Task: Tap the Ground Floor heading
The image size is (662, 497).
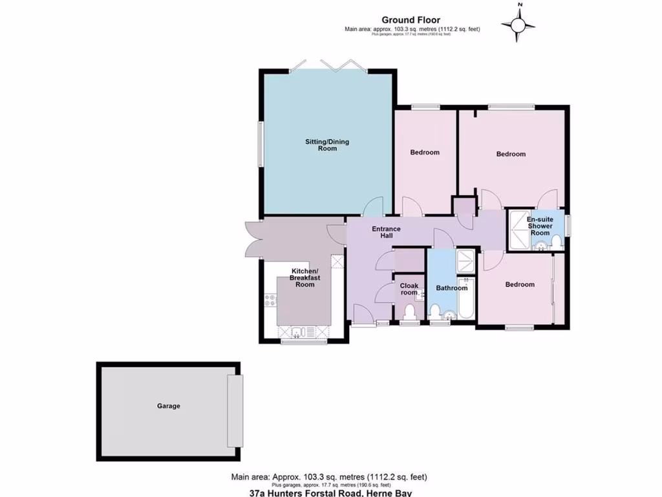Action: pos(411,20)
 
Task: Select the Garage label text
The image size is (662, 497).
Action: pos(168,406)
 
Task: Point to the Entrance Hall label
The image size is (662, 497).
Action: pos(386,232)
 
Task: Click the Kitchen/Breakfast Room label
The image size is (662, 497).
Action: pos(305,278)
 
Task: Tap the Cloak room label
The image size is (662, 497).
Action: pos(409,289)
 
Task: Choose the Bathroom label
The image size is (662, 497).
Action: pos(451,288)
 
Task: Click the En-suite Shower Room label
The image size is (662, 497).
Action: pos(540,226)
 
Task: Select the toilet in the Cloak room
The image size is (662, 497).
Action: pos(409,313)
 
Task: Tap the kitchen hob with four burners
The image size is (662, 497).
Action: pos(270,300)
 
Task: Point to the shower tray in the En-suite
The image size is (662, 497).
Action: pos(517,228)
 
